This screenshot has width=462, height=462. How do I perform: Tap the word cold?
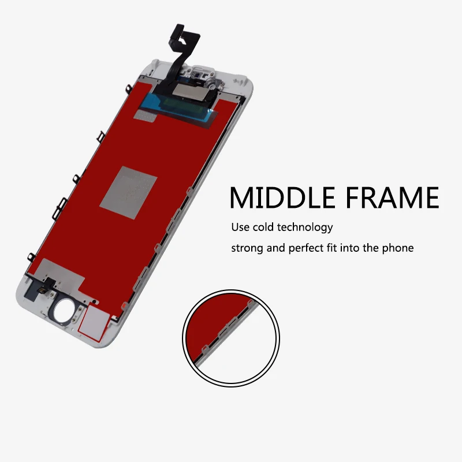263,227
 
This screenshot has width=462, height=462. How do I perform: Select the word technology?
305,228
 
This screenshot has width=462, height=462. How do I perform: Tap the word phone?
398,249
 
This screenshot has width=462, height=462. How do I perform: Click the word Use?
241,227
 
